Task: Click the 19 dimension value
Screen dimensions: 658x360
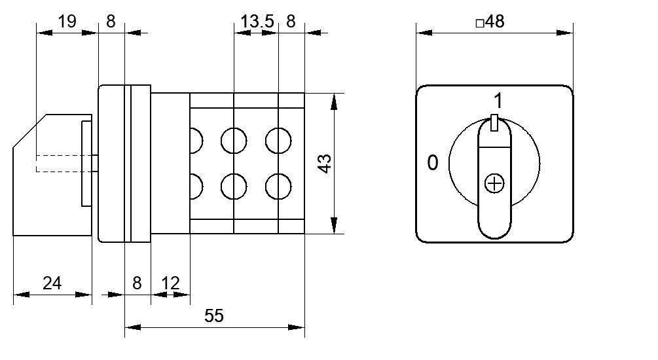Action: (67, 21)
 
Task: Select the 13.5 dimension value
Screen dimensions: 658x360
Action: (257, 21)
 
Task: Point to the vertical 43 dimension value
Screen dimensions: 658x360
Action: (325, 164)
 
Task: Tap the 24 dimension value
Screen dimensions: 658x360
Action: (52, 283)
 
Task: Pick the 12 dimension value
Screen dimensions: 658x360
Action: (170, 283)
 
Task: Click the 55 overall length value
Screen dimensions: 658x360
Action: (214, 315)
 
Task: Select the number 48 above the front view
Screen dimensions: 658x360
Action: (495, 21)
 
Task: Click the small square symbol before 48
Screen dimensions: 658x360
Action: (480, 23)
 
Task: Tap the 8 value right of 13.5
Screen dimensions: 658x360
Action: (291, 21)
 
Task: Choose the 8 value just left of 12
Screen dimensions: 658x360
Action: (137, 283)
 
